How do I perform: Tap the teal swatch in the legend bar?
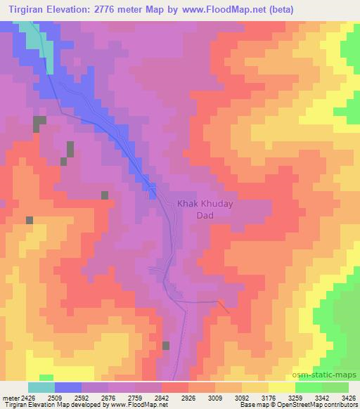[x=41, y=387]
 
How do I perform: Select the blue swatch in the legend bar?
[x=67, y=387]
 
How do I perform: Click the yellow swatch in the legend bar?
[x=281, y=387]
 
